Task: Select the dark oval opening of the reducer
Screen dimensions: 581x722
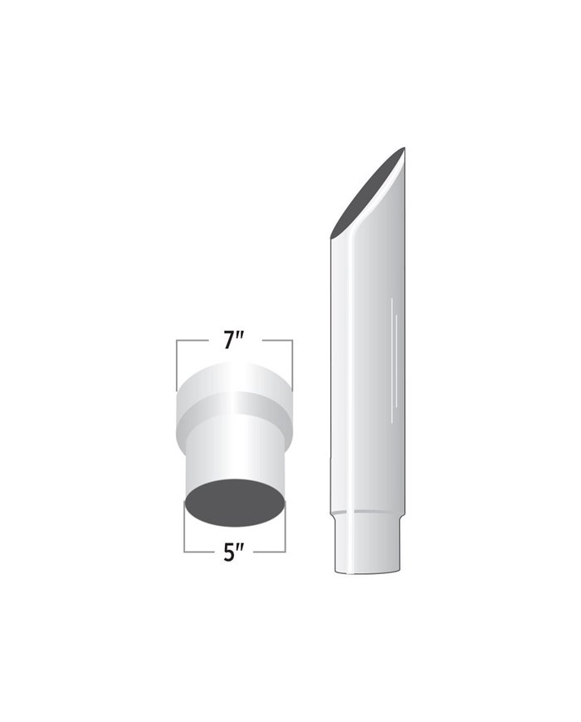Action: (x=235, y=502)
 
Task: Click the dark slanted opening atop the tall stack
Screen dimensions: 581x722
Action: (x=368, y=193)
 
